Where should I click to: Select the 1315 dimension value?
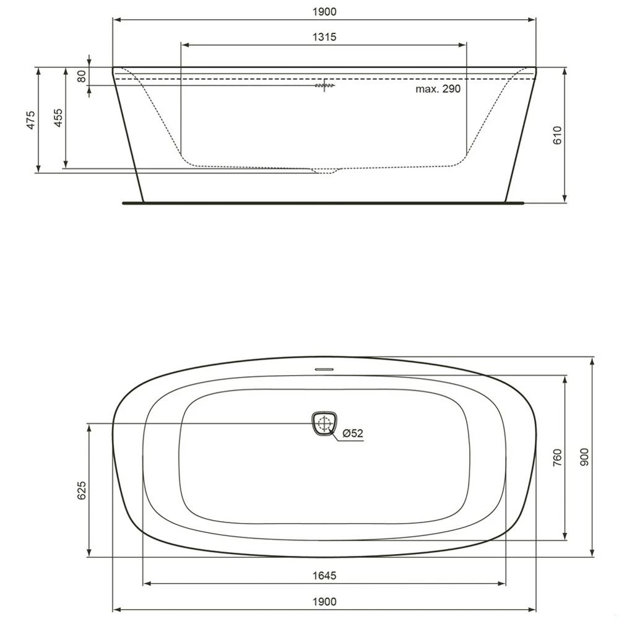324,37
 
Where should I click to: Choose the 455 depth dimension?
58,118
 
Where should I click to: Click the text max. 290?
438,89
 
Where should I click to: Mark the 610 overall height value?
556,135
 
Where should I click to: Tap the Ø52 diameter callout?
352,434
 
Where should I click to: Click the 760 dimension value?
556,457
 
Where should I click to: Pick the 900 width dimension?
585,457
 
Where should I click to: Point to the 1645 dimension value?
324,576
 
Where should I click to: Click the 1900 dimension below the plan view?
324,601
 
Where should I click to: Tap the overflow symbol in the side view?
324,85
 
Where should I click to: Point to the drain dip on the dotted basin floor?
326,171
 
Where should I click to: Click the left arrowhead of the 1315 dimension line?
183,45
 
